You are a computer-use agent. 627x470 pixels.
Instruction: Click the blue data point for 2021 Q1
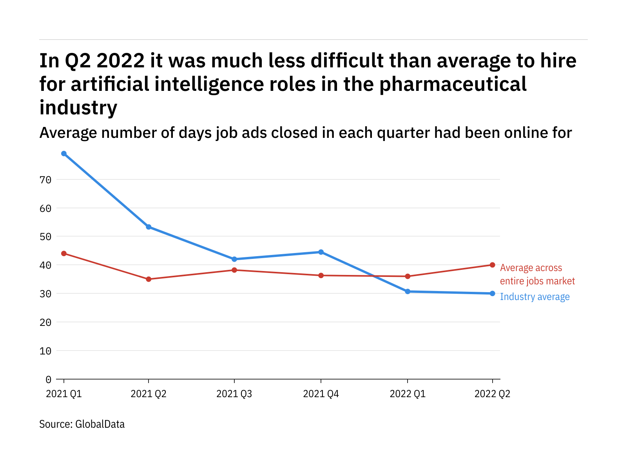[64, 154]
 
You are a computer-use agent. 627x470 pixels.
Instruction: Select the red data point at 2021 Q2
[149, 279]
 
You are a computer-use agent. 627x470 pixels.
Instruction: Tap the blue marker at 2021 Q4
[321, 252]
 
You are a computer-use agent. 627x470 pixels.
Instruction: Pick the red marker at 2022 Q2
[492, 265]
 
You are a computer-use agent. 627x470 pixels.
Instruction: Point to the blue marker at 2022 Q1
[408, 291]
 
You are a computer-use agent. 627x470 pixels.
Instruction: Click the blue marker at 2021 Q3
[234, 259]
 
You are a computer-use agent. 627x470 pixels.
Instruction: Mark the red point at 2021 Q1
[64, 253]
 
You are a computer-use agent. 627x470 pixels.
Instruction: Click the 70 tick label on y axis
[45, 180]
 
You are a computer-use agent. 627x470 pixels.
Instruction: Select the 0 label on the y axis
[48, 379]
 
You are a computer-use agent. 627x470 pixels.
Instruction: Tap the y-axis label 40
[45, 265]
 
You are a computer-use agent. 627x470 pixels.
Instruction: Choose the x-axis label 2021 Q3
[234, 394]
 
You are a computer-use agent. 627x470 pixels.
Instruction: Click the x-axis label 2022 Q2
[492, 394]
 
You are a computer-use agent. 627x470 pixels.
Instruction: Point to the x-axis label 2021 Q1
[64, 394]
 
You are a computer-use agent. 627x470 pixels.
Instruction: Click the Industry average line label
[535, 297]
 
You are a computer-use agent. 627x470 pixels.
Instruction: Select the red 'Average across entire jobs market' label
[537, 274]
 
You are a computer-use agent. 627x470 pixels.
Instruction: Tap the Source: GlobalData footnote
[82, 424]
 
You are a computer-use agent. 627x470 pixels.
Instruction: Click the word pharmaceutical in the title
[453, 84]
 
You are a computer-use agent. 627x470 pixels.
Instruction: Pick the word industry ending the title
[78, 108]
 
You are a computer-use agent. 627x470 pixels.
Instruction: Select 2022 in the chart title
[120, 61]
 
